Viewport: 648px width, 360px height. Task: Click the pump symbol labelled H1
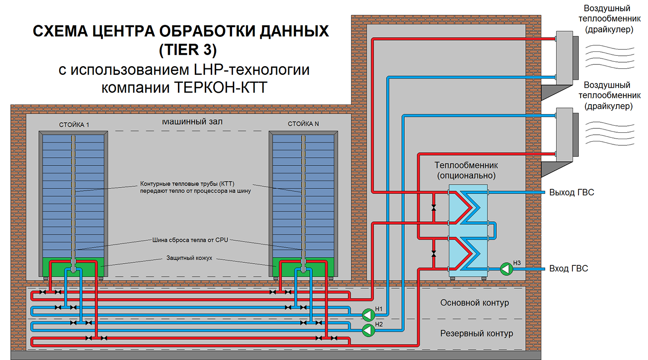pyautogui.click(x=368, y=315)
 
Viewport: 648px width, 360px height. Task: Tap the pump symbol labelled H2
pyautogui.click(x=368, y=330)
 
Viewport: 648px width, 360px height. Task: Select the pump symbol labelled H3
pyautogui.click(x=506, y=269)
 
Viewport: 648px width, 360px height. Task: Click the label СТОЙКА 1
pyautogui.click(x=74, y=125)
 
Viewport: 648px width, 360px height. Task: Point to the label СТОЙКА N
pyautogui.click(x=303, y=124)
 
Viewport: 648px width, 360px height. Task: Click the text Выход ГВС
pyautogui.click(x=571, y=193)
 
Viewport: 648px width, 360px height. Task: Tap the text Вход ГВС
pyautogui.click(x=569, y=269)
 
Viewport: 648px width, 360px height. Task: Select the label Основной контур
pyautogui.click(x=474, y=303)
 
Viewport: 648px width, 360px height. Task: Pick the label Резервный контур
pyautogui.click(x=476, y=334)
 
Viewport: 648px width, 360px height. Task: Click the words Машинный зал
pyautogui.click(x=192, y=122)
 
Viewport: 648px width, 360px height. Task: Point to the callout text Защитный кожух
pyautogui.click(x=189, y=258)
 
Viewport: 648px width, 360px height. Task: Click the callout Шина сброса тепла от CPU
pyautogui.click(x=190, y=240)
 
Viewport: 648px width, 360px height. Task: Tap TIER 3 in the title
pyautogui.click(x=188, y=50)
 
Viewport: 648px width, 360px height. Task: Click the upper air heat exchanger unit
pyautogui.click(x=565, y=58)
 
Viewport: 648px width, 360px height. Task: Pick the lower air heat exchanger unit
pyautogui.click(x=565, y=134)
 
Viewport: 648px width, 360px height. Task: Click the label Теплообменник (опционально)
pyautogui.click(x=466, y=170)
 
